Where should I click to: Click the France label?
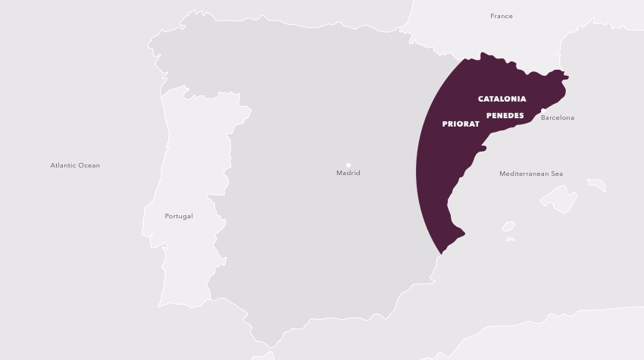pyautogui.click(x=502, y=16)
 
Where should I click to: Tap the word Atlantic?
pyautogui.click(x=64, y=165)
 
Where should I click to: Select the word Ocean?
pyautogui.click(x=89, y=165)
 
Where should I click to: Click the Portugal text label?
pyautogui.click(x=179, y=216)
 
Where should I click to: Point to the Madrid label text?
pyautogui.click(x=349, y=174)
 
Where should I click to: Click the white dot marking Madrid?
pyautogui.click(x=349, y=164)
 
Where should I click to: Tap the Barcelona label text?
pyautogui.click(x=558, y=118)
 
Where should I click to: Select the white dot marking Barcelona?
pyautogui.click(x=543, y=111)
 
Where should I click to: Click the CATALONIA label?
pyautogui.click(x=502, y=99)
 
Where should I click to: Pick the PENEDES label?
pyautogui.click(x=505, y=116)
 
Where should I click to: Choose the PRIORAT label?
pyautogui.click(x=461, y=124)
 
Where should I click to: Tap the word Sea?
pyautogui.click(x=557, y=174)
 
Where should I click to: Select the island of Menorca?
pyautogui.click(x=597, y=185)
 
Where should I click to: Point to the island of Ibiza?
pyautogui.click(x=508, y=226)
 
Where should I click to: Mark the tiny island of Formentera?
pyautogui.click(x=511, y=239)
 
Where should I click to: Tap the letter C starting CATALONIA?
pyautogui.click(x=481, y=99)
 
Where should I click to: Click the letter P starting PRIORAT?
pyautogui.click(x=445, y=124)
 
